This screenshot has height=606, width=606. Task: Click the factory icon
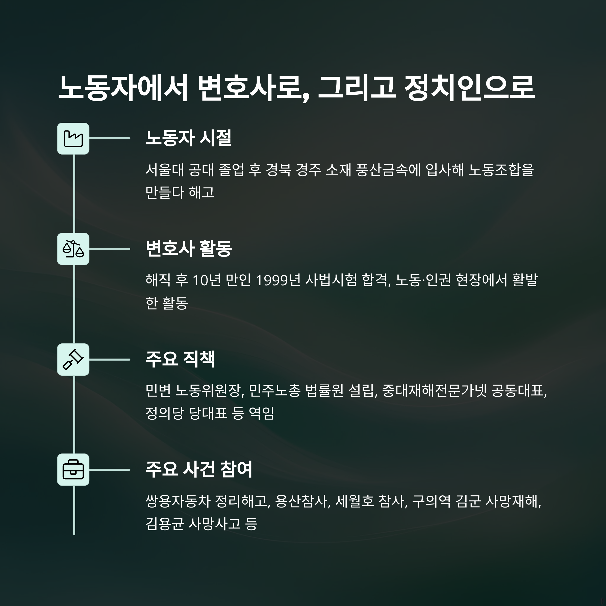73,138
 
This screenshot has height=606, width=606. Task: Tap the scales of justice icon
73,249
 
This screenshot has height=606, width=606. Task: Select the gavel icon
73,360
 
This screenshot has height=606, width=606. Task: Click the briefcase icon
73,470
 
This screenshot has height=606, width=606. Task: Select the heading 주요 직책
180,359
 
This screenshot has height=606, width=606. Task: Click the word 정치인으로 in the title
469,88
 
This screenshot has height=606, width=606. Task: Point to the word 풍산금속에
388,170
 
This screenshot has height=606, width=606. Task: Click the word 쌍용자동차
178,501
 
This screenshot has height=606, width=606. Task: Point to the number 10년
207,280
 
